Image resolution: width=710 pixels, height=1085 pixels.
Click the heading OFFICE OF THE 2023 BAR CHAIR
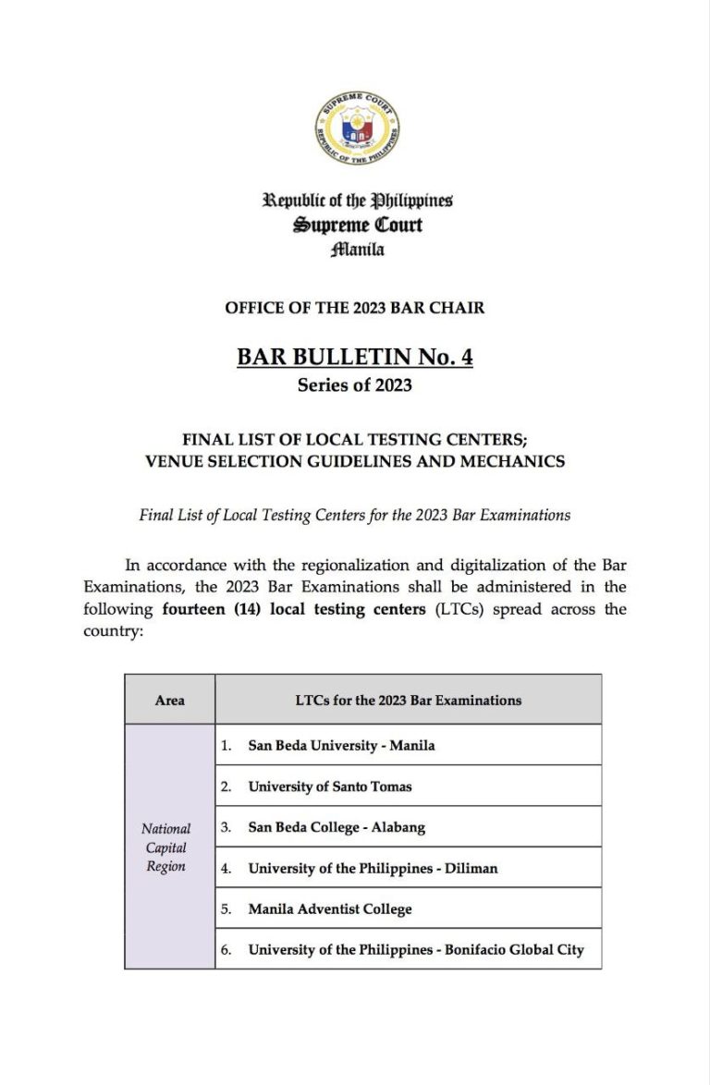click(x=354, y=308)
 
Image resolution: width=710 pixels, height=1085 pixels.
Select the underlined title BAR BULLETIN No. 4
click(x=355, y=356)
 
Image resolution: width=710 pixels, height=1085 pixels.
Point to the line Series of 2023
click(x=355, y=385)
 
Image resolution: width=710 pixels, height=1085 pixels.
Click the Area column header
click(x=169, y=700)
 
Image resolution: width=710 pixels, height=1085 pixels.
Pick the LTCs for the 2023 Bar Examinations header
click(x=408, y=700)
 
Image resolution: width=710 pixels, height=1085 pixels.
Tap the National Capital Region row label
click(x=165, y=847)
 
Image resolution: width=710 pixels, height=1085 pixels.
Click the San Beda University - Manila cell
click(x=341, y=745)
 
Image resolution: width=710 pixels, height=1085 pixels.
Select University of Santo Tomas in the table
click(x=330, y=786)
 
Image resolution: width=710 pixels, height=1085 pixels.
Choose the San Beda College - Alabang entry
click(x=337, y=827)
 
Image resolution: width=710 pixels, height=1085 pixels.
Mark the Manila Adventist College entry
click(x=330, y=908)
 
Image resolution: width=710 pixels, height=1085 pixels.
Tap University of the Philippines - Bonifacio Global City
click(x=416, y=949)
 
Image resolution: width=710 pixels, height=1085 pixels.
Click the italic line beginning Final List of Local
click(x=355, y=515)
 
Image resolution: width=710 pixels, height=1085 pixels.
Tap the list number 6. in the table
click(x=226, y=949)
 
